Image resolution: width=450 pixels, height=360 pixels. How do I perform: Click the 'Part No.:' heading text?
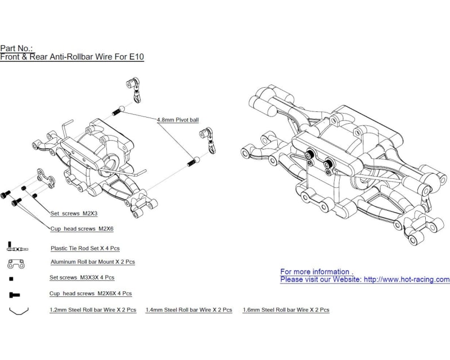pyautogui.click(x=17, y=48)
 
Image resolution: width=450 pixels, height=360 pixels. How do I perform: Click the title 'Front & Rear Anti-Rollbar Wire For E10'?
pyautogui.click(x=72, y=57)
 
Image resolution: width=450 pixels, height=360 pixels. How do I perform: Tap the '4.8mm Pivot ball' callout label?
pyautogui.click(x=177, y=120)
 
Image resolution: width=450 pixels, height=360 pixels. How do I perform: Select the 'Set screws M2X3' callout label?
pyautogui.click(x=74, y=214)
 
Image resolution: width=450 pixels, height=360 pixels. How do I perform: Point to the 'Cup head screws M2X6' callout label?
pyautogui.click(x=82, y=228)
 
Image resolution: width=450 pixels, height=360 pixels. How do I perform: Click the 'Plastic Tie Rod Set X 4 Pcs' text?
pyautogui.click(x=85, y=248)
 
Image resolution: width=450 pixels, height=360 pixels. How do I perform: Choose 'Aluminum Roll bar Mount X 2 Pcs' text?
pyautogui.click(x=92, y=262)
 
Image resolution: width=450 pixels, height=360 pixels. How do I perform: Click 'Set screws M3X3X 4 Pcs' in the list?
pyautogui.click(x=82, y=278)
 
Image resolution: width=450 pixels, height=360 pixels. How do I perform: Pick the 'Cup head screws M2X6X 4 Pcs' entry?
pyautogui.click(x=91, y=294)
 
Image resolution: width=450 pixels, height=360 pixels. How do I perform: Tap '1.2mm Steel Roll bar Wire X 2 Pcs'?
pyautogui.click(x=93, y=310)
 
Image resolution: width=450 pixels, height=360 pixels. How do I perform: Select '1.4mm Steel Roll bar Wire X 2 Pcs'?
pyautogui.click(x=189, y=310)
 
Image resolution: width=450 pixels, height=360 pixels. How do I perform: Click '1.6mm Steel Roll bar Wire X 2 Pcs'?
pyautogui.click(x=286, y=310)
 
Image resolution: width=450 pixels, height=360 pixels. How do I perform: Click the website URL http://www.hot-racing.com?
pyautogui.click(x=407, y=280)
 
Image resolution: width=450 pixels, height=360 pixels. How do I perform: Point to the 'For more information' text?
pyautogui.click(x=317, y=272)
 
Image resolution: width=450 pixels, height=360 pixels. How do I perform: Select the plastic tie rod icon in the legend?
pyautogui.click(x=17, y=247)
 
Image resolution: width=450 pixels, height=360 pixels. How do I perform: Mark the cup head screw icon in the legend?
pyautogui.click(x=15, y=294)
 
